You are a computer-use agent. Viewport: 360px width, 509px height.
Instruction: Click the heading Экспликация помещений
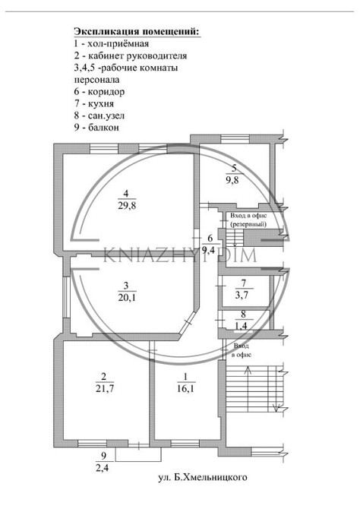137,32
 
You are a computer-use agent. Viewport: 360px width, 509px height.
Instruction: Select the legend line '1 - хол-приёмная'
112,43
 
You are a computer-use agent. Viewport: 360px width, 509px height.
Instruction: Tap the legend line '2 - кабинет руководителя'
131,55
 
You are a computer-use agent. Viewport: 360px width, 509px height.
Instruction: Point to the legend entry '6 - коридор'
99,92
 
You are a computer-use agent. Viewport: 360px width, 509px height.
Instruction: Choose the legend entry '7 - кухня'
94,104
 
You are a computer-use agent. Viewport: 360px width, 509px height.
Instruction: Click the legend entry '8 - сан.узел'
99,116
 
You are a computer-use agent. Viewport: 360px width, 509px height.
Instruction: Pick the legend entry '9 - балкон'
96,128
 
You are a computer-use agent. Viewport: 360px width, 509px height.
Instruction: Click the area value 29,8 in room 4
127,205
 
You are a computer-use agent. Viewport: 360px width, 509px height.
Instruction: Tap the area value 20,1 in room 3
127,297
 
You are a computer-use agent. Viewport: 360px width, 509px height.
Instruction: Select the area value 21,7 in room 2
105,388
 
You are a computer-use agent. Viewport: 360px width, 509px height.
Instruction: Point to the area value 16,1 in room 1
185,388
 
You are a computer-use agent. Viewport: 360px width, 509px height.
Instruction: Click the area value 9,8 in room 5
232,179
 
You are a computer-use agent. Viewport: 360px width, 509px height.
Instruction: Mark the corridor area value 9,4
210,251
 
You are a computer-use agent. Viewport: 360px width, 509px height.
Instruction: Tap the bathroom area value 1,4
242,326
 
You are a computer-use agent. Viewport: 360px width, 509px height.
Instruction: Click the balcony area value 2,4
103,468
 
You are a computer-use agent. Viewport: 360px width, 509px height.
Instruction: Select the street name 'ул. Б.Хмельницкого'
203,478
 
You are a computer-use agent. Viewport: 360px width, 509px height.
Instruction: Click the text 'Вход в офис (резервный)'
248,220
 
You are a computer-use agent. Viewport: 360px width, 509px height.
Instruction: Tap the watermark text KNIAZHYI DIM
180,255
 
